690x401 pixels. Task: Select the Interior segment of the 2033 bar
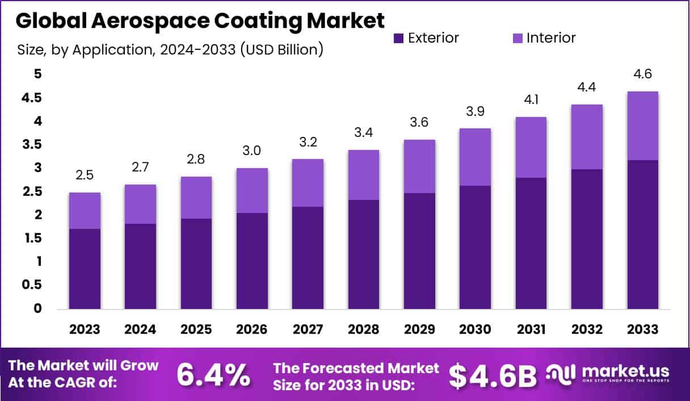[643, 126]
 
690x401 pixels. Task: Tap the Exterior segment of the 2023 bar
[85, 269]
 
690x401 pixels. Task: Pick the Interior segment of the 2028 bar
[364, 175]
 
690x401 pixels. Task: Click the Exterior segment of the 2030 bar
[475, 247]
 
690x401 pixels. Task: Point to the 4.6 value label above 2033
[643, 74]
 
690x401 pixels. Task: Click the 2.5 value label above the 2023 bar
[85, 176]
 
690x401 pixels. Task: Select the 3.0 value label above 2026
[253, 151]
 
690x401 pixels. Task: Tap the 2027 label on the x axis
[308, 330]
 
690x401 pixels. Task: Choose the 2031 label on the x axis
[531, 330]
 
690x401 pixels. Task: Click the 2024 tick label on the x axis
[141, 330]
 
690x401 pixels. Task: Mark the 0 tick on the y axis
[37, 308]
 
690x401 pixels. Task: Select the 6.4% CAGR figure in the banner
[213, 374]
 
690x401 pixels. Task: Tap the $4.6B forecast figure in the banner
[493, 374]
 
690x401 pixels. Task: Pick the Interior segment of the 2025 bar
[196, 198]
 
